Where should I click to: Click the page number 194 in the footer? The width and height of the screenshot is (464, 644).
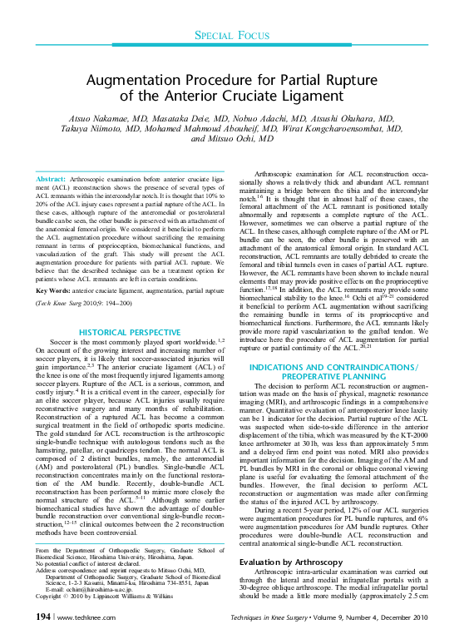(39, 617)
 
